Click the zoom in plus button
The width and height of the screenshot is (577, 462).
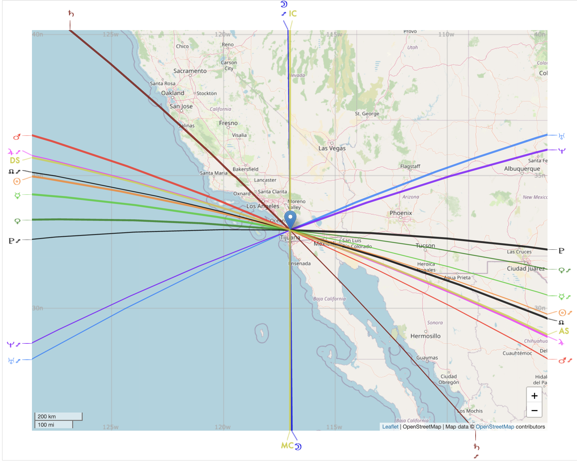tap(534, 396)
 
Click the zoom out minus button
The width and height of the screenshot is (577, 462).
tap(534, 410)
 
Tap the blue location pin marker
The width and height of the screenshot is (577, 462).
tap(290, 219)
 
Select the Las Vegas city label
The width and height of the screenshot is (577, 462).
tap(332, 148)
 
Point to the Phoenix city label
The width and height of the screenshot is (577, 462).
tap(401, 213)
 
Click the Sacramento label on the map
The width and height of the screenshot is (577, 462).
tap(190, 71)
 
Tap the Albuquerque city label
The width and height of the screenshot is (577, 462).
tap(522, 169)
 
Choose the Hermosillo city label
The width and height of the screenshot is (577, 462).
tap(425, 336)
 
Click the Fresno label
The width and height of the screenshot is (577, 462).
tap(228, 123)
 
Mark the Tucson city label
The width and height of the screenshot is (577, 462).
tap(425, 245)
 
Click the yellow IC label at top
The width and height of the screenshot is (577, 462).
tap(293, 14)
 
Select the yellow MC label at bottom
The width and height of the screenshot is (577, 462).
tap(287, 445)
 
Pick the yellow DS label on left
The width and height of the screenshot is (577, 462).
tap(15, 160)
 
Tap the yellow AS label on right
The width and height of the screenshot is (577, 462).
tap(564, 331)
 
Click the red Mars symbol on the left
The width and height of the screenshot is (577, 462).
tap(17, 137)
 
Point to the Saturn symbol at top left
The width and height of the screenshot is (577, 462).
tap(71, 14)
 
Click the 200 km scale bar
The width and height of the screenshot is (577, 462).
tap(58, 416)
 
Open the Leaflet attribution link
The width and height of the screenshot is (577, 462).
tap(390, 427)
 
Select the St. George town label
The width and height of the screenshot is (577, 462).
tap(367, 114)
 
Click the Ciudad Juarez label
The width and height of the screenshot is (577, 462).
tap(525, 268)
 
